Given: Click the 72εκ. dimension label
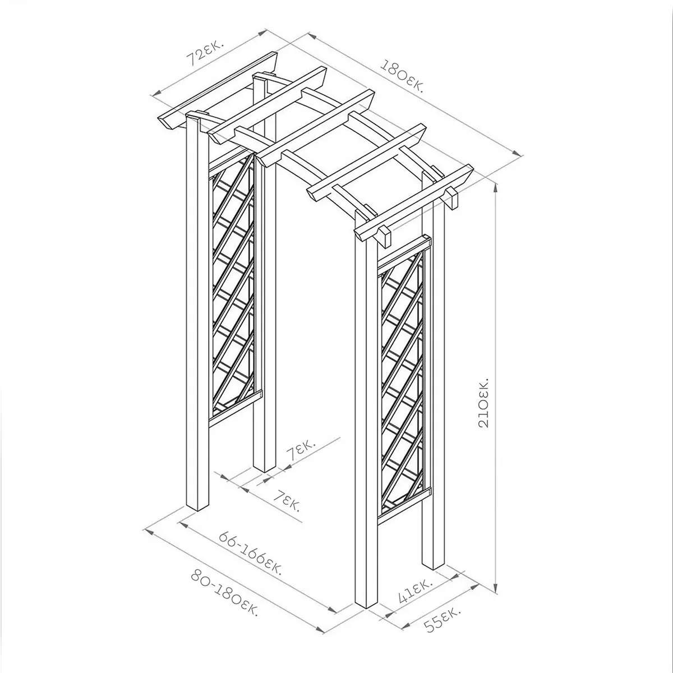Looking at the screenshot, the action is coord(206,53).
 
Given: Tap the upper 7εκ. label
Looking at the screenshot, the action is coord(301,450).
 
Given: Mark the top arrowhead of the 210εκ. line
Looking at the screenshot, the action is coord(496,187).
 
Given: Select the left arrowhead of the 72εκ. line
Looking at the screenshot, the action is coord(156,93).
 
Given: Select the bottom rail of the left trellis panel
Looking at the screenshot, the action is coord(235,409).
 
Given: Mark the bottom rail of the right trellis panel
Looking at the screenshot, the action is coord(405,504).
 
